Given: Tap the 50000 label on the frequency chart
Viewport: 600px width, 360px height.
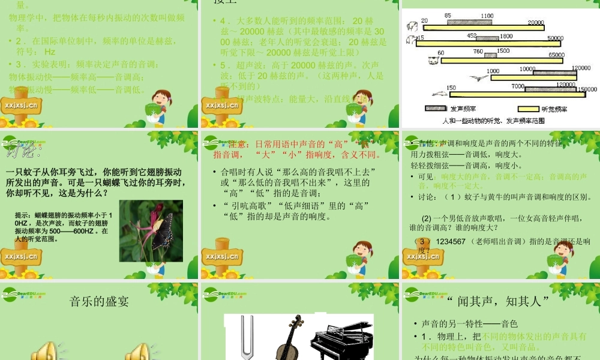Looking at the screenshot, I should (556, 38).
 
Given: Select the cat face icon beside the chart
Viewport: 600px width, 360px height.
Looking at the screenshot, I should (431, 60).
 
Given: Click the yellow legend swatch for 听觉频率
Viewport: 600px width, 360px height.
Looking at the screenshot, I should (528, 109).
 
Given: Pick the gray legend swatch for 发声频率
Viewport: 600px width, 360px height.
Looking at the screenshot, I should (436, 109).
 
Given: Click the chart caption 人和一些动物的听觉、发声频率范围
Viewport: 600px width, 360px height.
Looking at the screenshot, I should (493, 121).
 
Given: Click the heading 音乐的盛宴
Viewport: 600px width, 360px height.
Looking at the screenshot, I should (99, 301).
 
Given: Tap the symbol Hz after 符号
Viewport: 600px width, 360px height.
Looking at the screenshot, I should (50, 52).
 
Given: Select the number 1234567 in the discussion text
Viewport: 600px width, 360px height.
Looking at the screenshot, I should (451, 241).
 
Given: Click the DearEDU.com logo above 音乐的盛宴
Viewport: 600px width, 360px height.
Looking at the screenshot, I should (24, 293).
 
